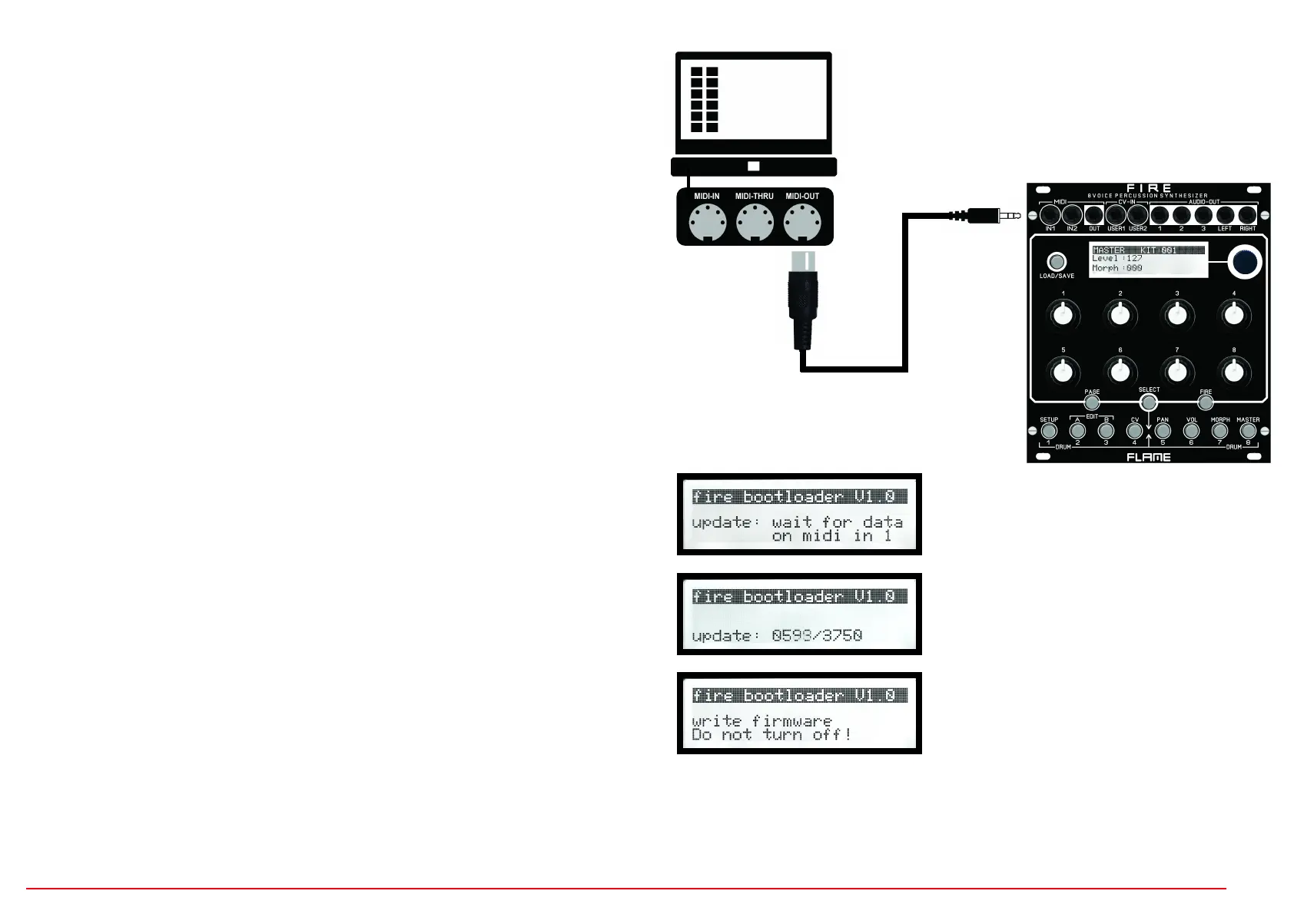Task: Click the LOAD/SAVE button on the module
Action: point(1057,262)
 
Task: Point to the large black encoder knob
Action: point(1244,262)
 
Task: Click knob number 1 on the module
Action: point(1063,315)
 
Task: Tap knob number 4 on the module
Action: point(1233,315)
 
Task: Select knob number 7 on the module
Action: point(1176,372)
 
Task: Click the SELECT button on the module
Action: point(1149,402)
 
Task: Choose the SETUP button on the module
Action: point(1049,431)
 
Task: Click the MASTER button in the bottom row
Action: point(1248,431)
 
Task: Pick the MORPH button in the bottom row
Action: point(1219,431)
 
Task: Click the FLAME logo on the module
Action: point(1149,457)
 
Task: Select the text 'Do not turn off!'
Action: point(771,735)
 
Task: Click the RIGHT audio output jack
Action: point(1247,216)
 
